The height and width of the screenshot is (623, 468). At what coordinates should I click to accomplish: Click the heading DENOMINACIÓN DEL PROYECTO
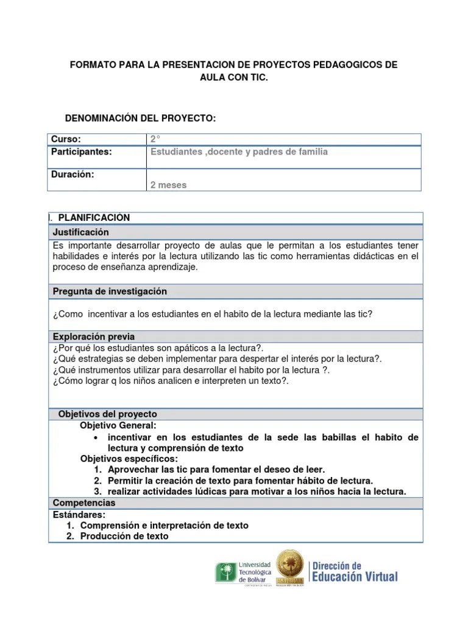140,117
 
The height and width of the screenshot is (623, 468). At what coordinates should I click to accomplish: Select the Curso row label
66,139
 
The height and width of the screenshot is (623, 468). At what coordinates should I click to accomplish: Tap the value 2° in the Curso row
155,139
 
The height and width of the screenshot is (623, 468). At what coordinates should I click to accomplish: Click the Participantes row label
82,151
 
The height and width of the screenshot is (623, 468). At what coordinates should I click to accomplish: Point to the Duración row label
73,174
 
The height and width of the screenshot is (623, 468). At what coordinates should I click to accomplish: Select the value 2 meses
168,185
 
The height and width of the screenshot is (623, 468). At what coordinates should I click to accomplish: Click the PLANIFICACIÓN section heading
94,218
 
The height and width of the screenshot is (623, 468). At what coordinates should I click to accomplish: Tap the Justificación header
80,232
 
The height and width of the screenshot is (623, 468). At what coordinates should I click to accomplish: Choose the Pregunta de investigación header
110,291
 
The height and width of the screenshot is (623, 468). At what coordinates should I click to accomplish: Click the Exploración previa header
94,336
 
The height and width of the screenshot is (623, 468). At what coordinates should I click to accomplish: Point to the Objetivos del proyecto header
107,414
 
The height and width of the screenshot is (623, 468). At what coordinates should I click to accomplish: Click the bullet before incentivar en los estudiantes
97,438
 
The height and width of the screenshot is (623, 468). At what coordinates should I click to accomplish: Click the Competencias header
84,503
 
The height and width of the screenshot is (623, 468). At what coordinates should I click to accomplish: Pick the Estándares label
79,515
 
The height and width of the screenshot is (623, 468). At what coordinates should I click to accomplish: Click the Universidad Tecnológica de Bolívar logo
243,572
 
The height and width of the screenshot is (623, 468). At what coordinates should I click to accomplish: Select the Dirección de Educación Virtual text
354,571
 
